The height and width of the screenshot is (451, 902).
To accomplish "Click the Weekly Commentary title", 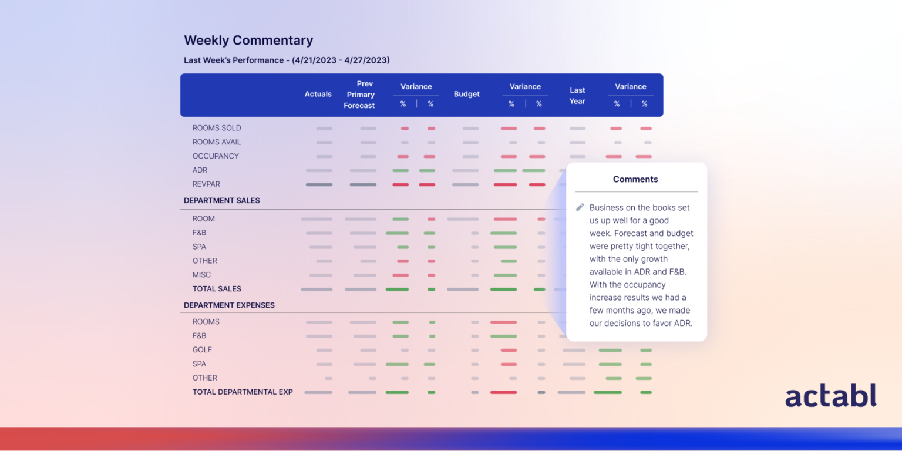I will tap(248, 41).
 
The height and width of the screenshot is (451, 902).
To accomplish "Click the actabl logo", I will tap(830, 396).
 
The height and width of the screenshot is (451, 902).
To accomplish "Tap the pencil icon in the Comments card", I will tap(580, 207).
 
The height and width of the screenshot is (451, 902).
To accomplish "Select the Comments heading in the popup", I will tap(635, 179).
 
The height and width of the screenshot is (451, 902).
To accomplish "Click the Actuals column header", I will tap(318, 94).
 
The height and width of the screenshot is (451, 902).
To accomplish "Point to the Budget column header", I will tap(466, 94).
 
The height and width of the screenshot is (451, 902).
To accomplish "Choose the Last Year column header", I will tap(577, 96).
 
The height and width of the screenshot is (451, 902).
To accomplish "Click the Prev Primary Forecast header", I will tap(360, 95).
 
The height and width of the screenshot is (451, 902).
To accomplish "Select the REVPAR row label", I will tap(206, 184).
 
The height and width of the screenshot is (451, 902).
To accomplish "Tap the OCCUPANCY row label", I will tap(216, 156).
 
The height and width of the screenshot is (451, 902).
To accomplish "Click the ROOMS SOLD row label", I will tap(217, 128).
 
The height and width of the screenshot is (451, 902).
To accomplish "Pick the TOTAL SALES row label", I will tap(217, 289).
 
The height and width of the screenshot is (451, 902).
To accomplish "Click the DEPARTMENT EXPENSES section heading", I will tap(229, 305).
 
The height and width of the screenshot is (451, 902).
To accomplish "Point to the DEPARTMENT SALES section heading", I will tap(222, 201).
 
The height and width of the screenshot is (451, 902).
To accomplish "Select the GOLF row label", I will tap(202, 350).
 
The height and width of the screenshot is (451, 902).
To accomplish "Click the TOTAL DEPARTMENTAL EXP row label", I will tap(243, 392).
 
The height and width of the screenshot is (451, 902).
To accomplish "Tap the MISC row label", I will tap(201, 275).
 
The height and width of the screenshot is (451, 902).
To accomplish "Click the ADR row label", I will tap(200, 170).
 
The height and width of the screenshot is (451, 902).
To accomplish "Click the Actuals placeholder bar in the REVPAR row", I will tap(319, 184).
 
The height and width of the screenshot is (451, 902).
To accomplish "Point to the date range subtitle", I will tap(287, 60).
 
